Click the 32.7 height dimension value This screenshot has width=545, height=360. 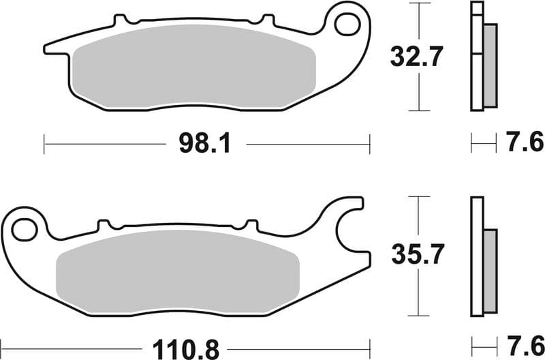coord(416,56)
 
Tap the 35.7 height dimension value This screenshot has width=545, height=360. coord(416,256)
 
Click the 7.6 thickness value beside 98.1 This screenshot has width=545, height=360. coord(525,143)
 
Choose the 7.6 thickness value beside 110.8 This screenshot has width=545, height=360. coord(525,343)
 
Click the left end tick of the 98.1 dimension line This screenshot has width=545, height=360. coord(44,144)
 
